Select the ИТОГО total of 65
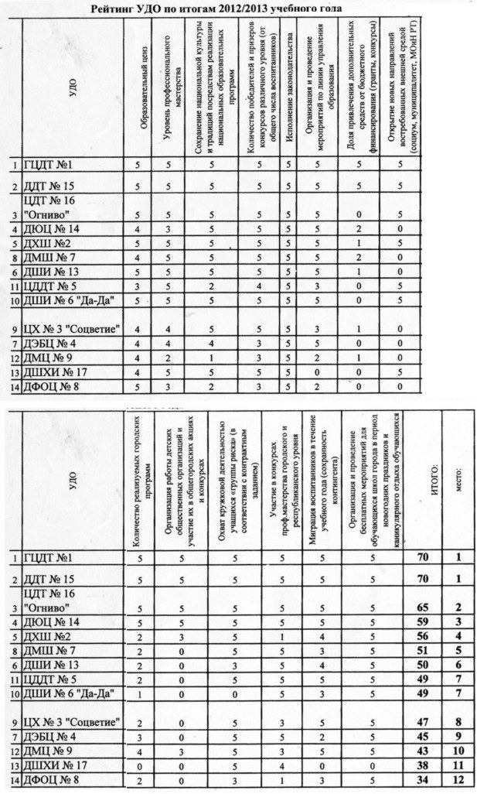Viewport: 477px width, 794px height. click(423, 606)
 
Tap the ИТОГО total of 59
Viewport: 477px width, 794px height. click(423, 622)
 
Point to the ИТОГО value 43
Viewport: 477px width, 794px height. click(423, 751)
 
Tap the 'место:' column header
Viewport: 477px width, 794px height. click(459, 473)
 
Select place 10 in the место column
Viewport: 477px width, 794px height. click(458, 751)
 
